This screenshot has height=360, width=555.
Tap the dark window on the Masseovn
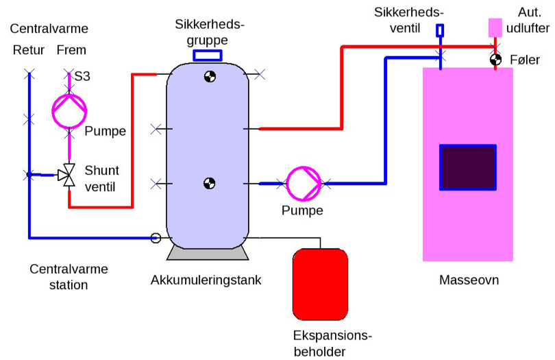point(467,167)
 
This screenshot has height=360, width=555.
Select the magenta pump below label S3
point(70,109)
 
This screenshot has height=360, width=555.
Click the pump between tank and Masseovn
point(303,183)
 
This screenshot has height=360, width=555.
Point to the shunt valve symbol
point(67,176)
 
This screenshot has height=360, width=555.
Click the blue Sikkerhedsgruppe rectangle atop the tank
point(208,56)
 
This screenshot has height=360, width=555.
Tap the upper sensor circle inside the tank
point(210,77)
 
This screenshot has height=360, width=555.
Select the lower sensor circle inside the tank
point(210,183)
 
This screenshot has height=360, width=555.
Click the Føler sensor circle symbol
point(495,60)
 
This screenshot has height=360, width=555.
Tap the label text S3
point(82,75)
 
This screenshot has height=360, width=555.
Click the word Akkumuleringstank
point(206,280)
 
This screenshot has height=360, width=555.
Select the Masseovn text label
point(469,280)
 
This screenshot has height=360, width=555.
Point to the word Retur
point(27,51)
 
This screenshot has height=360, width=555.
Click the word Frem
point(71,51)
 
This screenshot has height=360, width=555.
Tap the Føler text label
point(526,60)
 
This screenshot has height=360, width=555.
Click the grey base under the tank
point(208,253)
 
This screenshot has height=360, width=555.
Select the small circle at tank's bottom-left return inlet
point(156,238)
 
